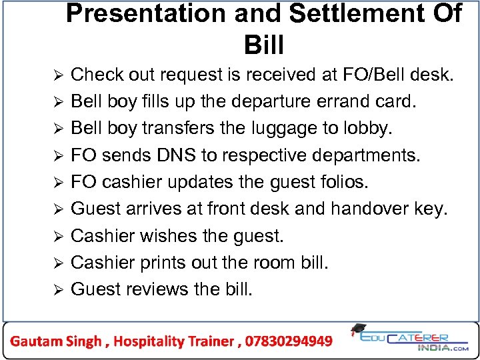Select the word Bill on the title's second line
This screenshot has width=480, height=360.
coord(264,45)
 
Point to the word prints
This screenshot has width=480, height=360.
coord(161,262)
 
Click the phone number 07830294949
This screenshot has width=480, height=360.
coord(289,341)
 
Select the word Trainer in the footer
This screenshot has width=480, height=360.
coord(211,341)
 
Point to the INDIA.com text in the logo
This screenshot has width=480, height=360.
coord(443,347)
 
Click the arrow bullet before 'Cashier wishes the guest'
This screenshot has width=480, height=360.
coord(58,236)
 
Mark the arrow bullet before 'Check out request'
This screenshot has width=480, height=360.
coord(58,76)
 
